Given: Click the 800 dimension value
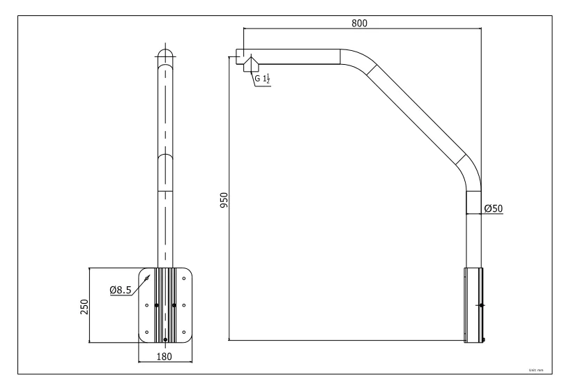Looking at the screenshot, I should (360, 22).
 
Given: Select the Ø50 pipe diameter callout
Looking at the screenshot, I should (494, 208).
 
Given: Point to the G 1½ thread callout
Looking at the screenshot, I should (263, 79).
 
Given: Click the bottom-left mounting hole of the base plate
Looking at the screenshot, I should (146, 332).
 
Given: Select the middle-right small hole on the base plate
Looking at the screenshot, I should (183, 305).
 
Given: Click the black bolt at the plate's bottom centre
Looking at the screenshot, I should (165, 339).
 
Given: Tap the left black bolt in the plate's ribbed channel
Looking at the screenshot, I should (156, 305).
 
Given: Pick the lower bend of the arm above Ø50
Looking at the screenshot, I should (470, 174).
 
